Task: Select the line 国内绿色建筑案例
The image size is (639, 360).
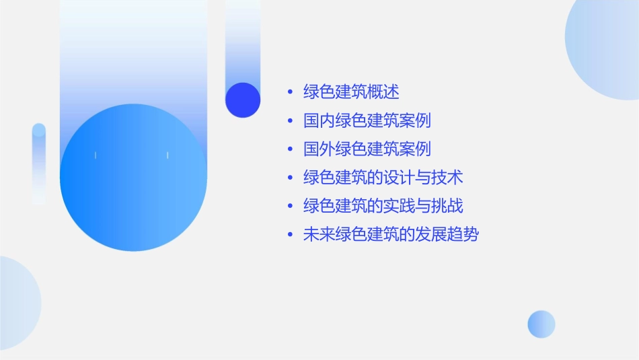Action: coord(367,120)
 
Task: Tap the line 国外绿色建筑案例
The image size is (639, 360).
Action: coord(367,149)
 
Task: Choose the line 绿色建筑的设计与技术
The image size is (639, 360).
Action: coord(383,178)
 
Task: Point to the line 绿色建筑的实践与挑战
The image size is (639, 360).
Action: coord(383,206)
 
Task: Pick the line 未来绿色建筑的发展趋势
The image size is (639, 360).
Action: coord(391,235)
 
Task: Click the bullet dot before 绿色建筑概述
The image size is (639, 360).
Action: coord(290,92)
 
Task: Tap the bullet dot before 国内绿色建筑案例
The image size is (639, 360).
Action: coord(290,121)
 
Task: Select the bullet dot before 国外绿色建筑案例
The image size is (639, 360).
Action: coord(290,149)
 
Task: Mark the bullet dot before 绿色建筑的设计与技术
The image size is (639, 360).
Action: coord(290,178)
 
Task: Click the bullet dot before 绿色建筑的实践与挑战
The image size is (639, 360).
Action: coord(290,207)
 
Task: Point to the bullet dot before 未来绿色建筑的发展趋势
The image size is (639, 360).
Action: coord(290,236)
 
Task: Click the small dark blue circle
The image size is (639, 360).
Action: coord(243,100)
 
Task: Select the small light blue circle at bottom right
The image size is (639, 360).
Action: coord(541,324)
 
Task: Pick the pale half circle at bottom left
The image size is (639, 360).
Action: coord(17,303)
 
